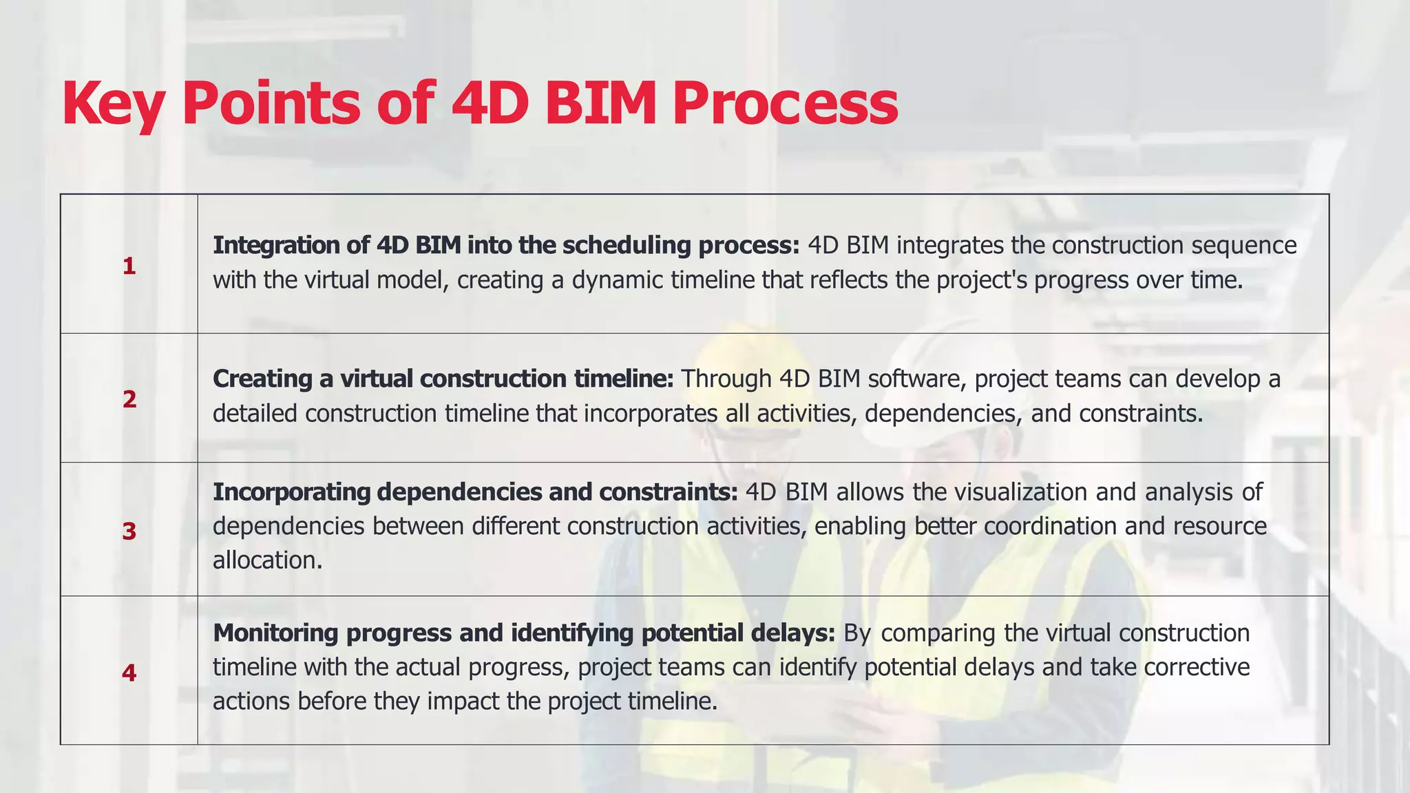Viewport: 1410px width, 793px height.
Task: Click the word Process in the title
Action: coord(785,103)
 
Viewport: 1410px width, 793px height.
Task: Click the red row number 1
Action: coord(129,266)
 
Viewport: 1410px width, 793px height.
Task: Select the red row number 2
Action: coord(129,399)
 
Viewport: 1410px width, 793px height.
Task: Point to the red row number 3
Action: coord(129,531)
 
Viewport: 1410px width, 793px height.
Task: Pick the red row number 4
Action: coord(129,673)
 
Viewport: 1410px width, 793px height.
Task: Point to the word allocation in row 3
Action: coord(267,560)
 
